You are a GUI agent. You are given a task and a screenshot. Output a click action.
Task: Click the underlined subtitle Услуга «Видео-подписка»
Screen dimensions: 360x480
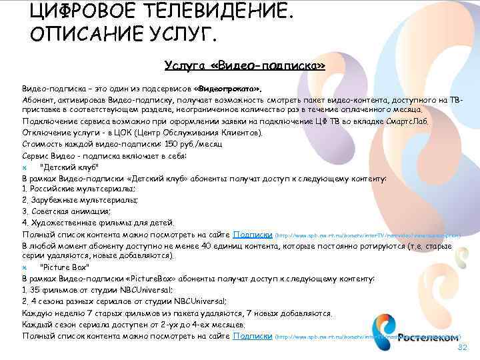pyautogui.click(x=245, y=65)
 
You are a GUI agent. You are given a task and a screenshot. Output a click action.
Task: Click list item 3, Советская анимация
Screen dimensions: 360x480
pyautogui.click(x=66, y=211)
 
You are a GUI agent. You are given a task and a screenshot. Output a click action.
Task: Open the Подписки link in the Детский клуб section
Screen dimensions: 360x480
pyautogui.click(x=252, y=234)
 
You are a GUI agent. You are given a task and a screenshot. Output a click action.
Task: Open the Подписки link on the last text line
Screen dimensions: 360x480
pyautogui.click(x=252, y=335)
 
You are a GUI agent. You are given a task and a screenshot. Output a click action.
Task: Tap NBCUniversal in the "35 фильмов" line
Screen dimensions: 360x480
pyautogui.click(x=143, y=290)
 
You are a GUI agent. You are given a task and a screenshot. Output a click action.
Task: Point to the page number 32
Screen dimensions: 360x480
pyautogui.click(x=462, y=349)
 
